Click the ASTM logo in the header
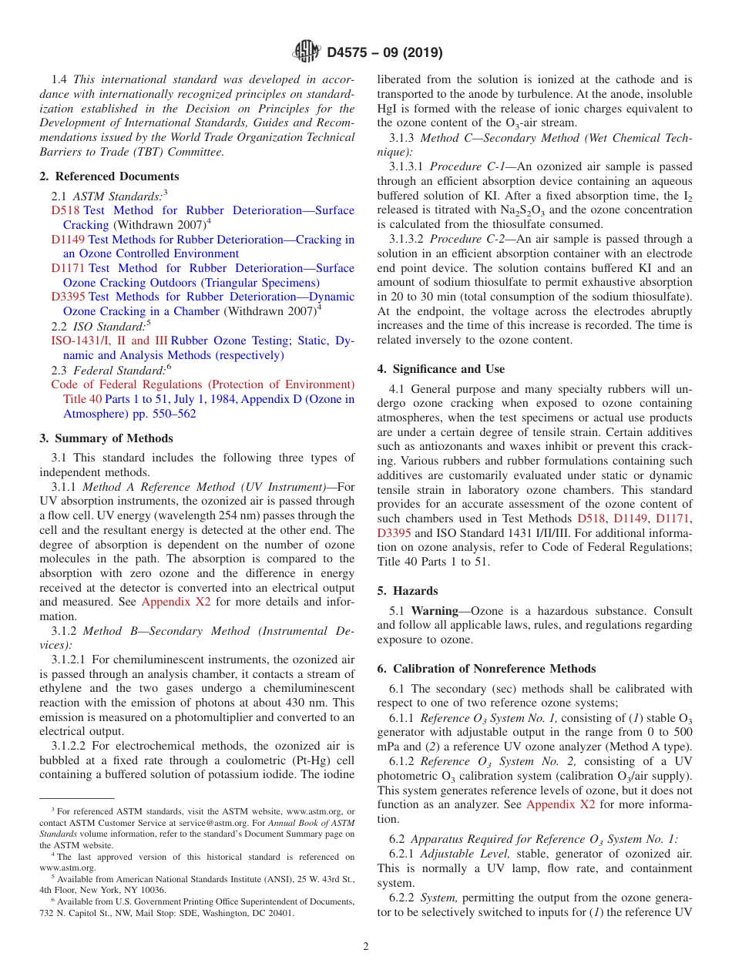pos(307,52)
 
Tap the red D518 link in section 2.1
pos(65,210)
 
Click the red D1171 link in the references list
pos(69,268)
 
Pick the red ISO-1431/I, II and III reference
pos(109,341)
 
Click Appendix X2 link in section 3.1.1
pos(176,602)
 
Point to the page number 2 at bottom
pos(366,947)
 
